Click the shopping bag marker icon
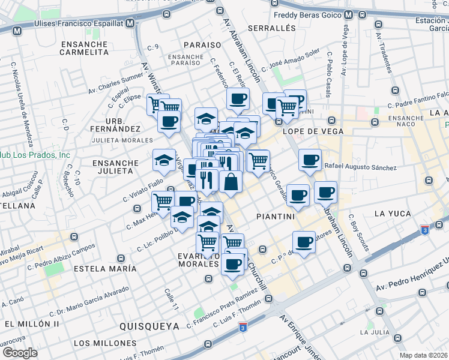(231, 181)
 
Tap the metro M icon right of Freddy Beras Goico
(363, 14)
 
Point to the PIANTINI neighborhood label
(274, 214)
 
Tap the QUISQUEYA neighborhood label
(149, 326)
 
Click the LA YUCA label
(394, 214)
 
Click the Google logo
(20, 353)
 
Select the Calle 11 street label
(172, 299)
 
